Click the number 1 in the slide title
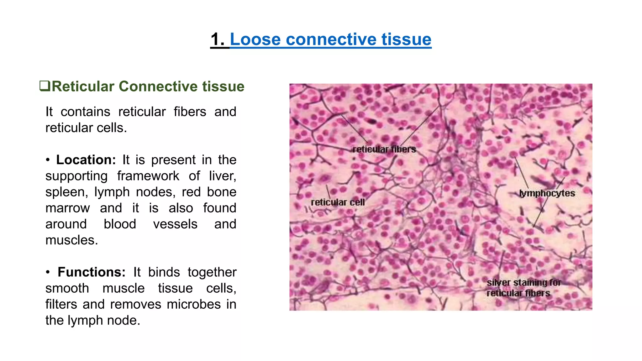(x=215, y=40)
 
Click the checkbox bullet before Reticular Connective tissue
(x=45, y=86)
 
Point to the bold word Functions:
(x=91, y=272)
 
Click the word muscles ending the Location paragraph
(x=71, y=240)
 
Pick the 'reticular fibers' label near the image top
(x=384, y=149)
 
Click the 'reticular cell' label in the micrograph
(x=338, y=202)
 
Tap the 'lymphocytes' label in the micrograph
(x=547, y=193)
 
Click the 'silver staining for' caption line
(x=524, y=282)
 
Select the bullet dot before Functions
(x=48, y=272)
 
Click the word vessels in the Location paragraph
(x=175, y=224)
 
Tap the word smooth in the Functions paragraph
(x=67, y=288)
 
